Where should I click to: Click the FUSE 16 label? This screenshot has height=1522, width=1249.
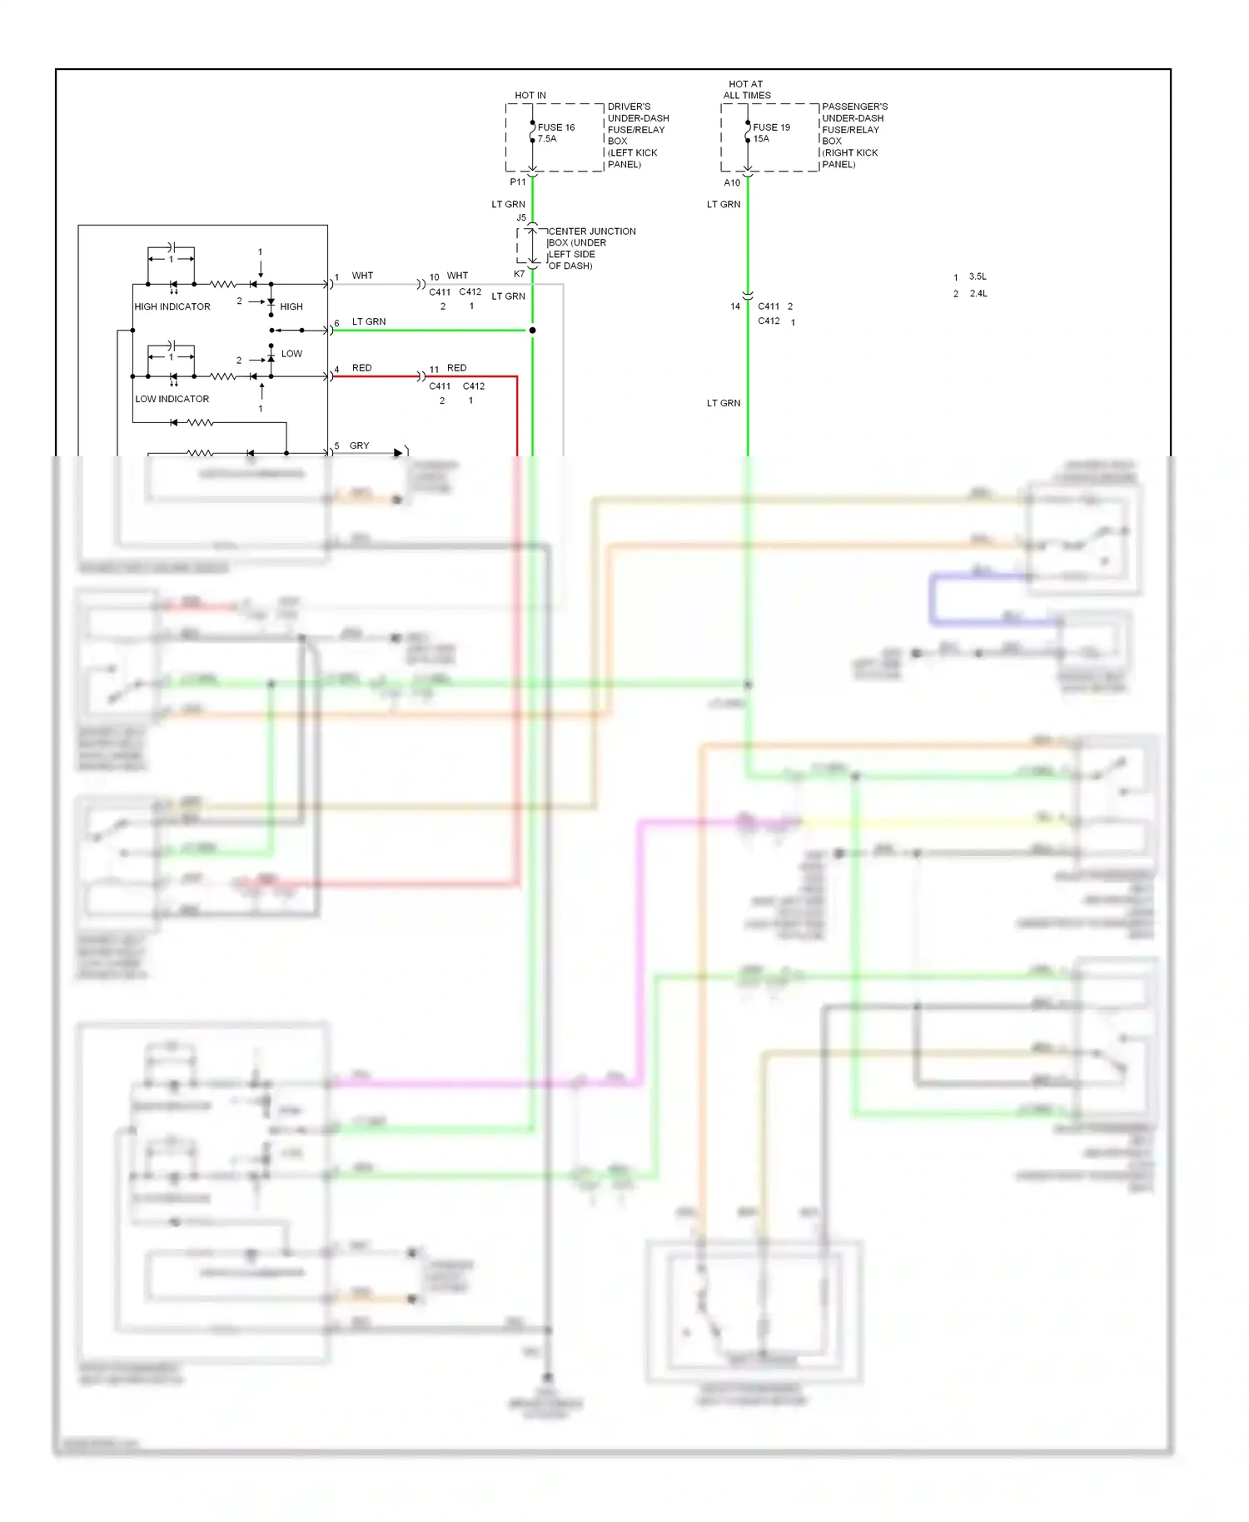tap(556, 127)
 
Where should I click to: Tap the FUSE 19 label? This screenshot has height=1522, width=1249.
tap(771, 127)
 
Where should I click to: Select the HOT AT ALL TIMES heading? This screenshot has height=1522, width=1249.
tap(746, 90)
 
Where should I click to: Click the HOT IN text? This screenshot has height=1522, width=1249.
tap(530, 96)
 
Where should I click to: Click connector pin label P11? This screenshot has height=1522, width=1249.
tap(518, 182)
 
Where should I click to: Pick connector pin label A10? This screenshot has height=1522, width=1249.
tap(732, 182)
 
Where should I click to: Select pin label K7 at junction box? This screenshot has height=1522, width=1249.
tap(519, 274)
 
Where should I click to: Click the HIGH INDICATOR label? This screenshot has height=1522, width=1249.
tap(172, 306)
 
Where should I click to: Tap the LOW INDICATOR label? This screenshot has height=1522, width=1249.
tap(172, 399)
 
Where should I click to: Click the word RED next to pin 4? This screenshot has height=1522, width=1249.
tap(361, 367)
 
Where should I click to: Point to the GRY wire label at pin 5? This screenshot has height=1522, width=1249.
tap(359, 445)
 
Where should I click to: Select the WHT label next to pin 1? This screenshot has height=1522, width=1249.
tap(362, 276)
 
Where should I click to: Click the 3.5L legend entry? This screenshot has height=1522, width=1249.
tap(978, 276)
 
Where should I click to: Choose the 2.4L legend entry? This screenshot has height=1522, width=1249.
tap(978, 293)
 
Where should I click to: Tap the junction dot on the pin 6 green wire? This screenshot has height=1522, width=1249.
tap(532, 331)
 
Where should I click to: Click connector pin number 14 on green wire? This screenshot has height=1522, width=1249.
tap(734, 306)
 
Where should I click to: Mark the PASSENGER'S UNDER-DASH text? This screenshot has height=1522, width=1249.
tap(854, 112)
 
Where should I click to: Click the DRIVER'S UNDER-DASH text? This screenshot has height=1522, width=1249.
tap(638, 112)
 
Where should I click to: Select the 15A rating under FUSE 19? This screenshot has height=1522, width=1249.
tap(761, 139)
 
